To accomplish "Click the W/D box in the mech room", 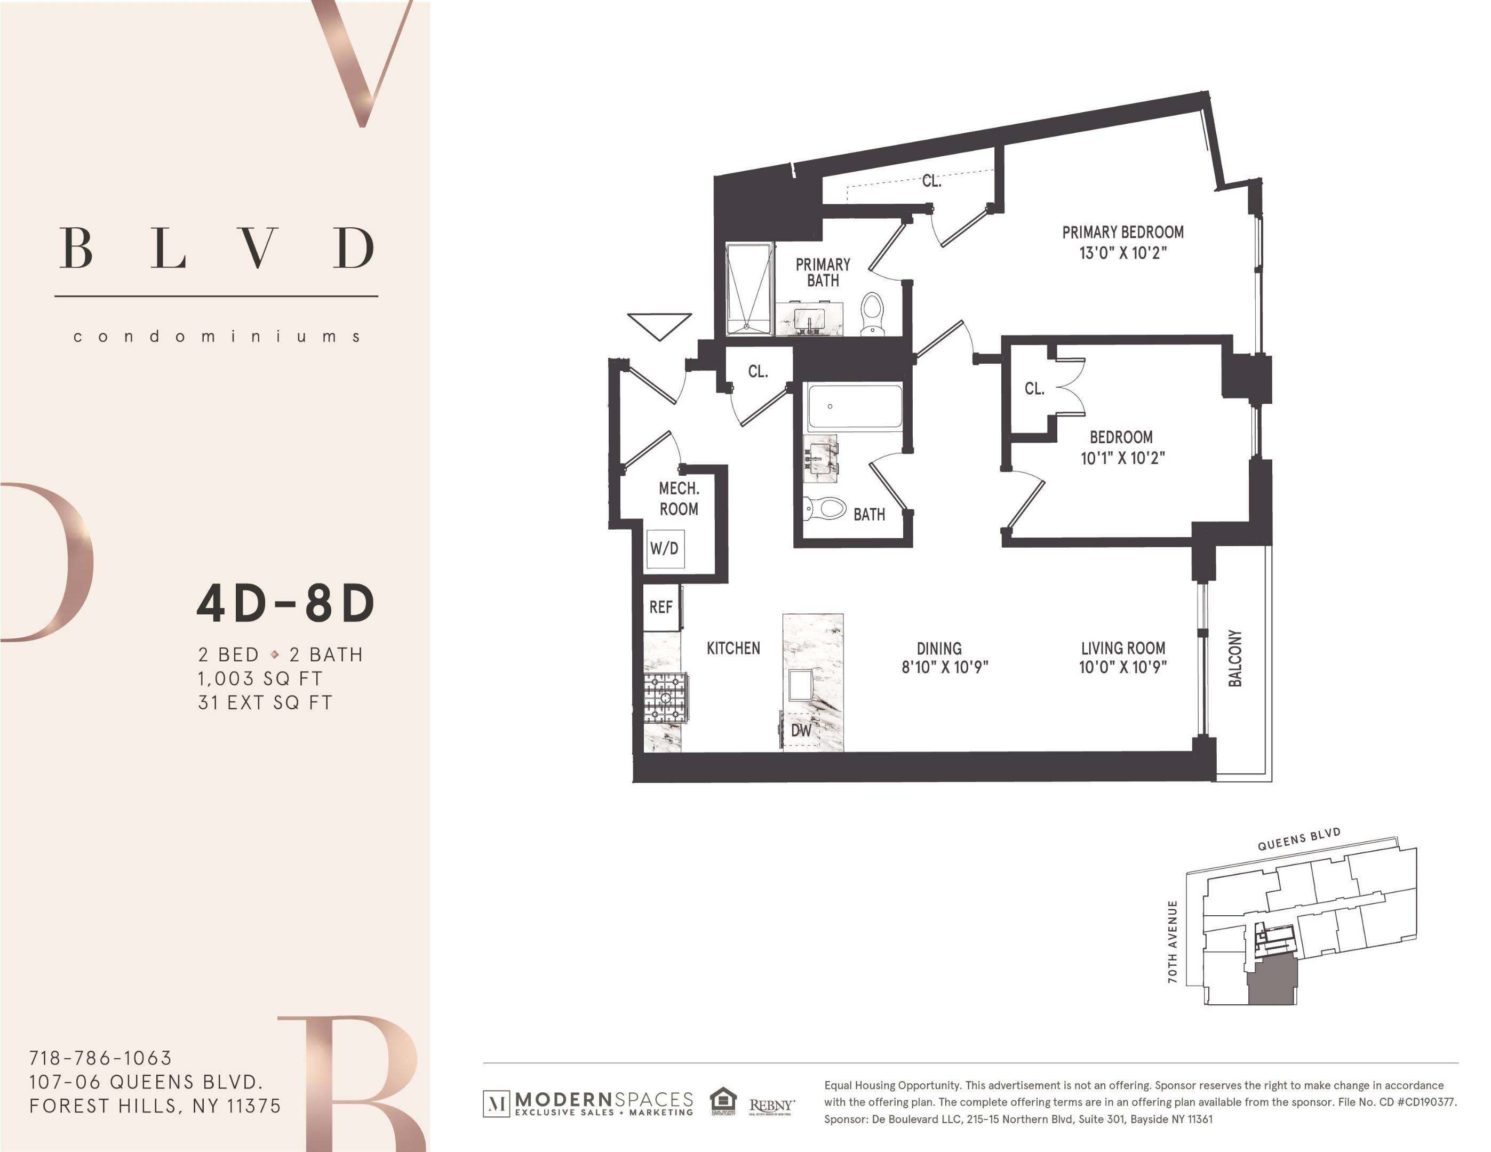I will tap(664, 548).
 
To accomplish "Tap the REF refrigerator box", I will tap(661, 607).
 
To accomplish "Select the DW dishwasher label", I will tap(801, 730).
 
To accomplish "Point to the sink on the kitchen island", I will tap(800, 685).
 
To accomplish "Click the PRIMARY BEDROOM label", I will tap(1122, 232).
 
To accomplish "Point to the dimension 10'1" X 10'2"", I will tap(1122, 458).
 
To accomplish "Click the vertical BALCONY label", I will tap(1235, 658).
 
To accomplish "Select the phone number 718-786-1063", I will tap(100, 1058).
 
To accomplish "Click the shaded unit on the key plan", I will tap(1272, 980).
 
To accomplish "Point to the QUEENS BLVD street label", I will tap(1299, 839).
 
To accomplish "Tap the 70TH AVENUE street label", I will tap(1173, 942).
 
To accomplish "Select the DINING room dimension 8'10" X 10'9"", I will tap(945, 667).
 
